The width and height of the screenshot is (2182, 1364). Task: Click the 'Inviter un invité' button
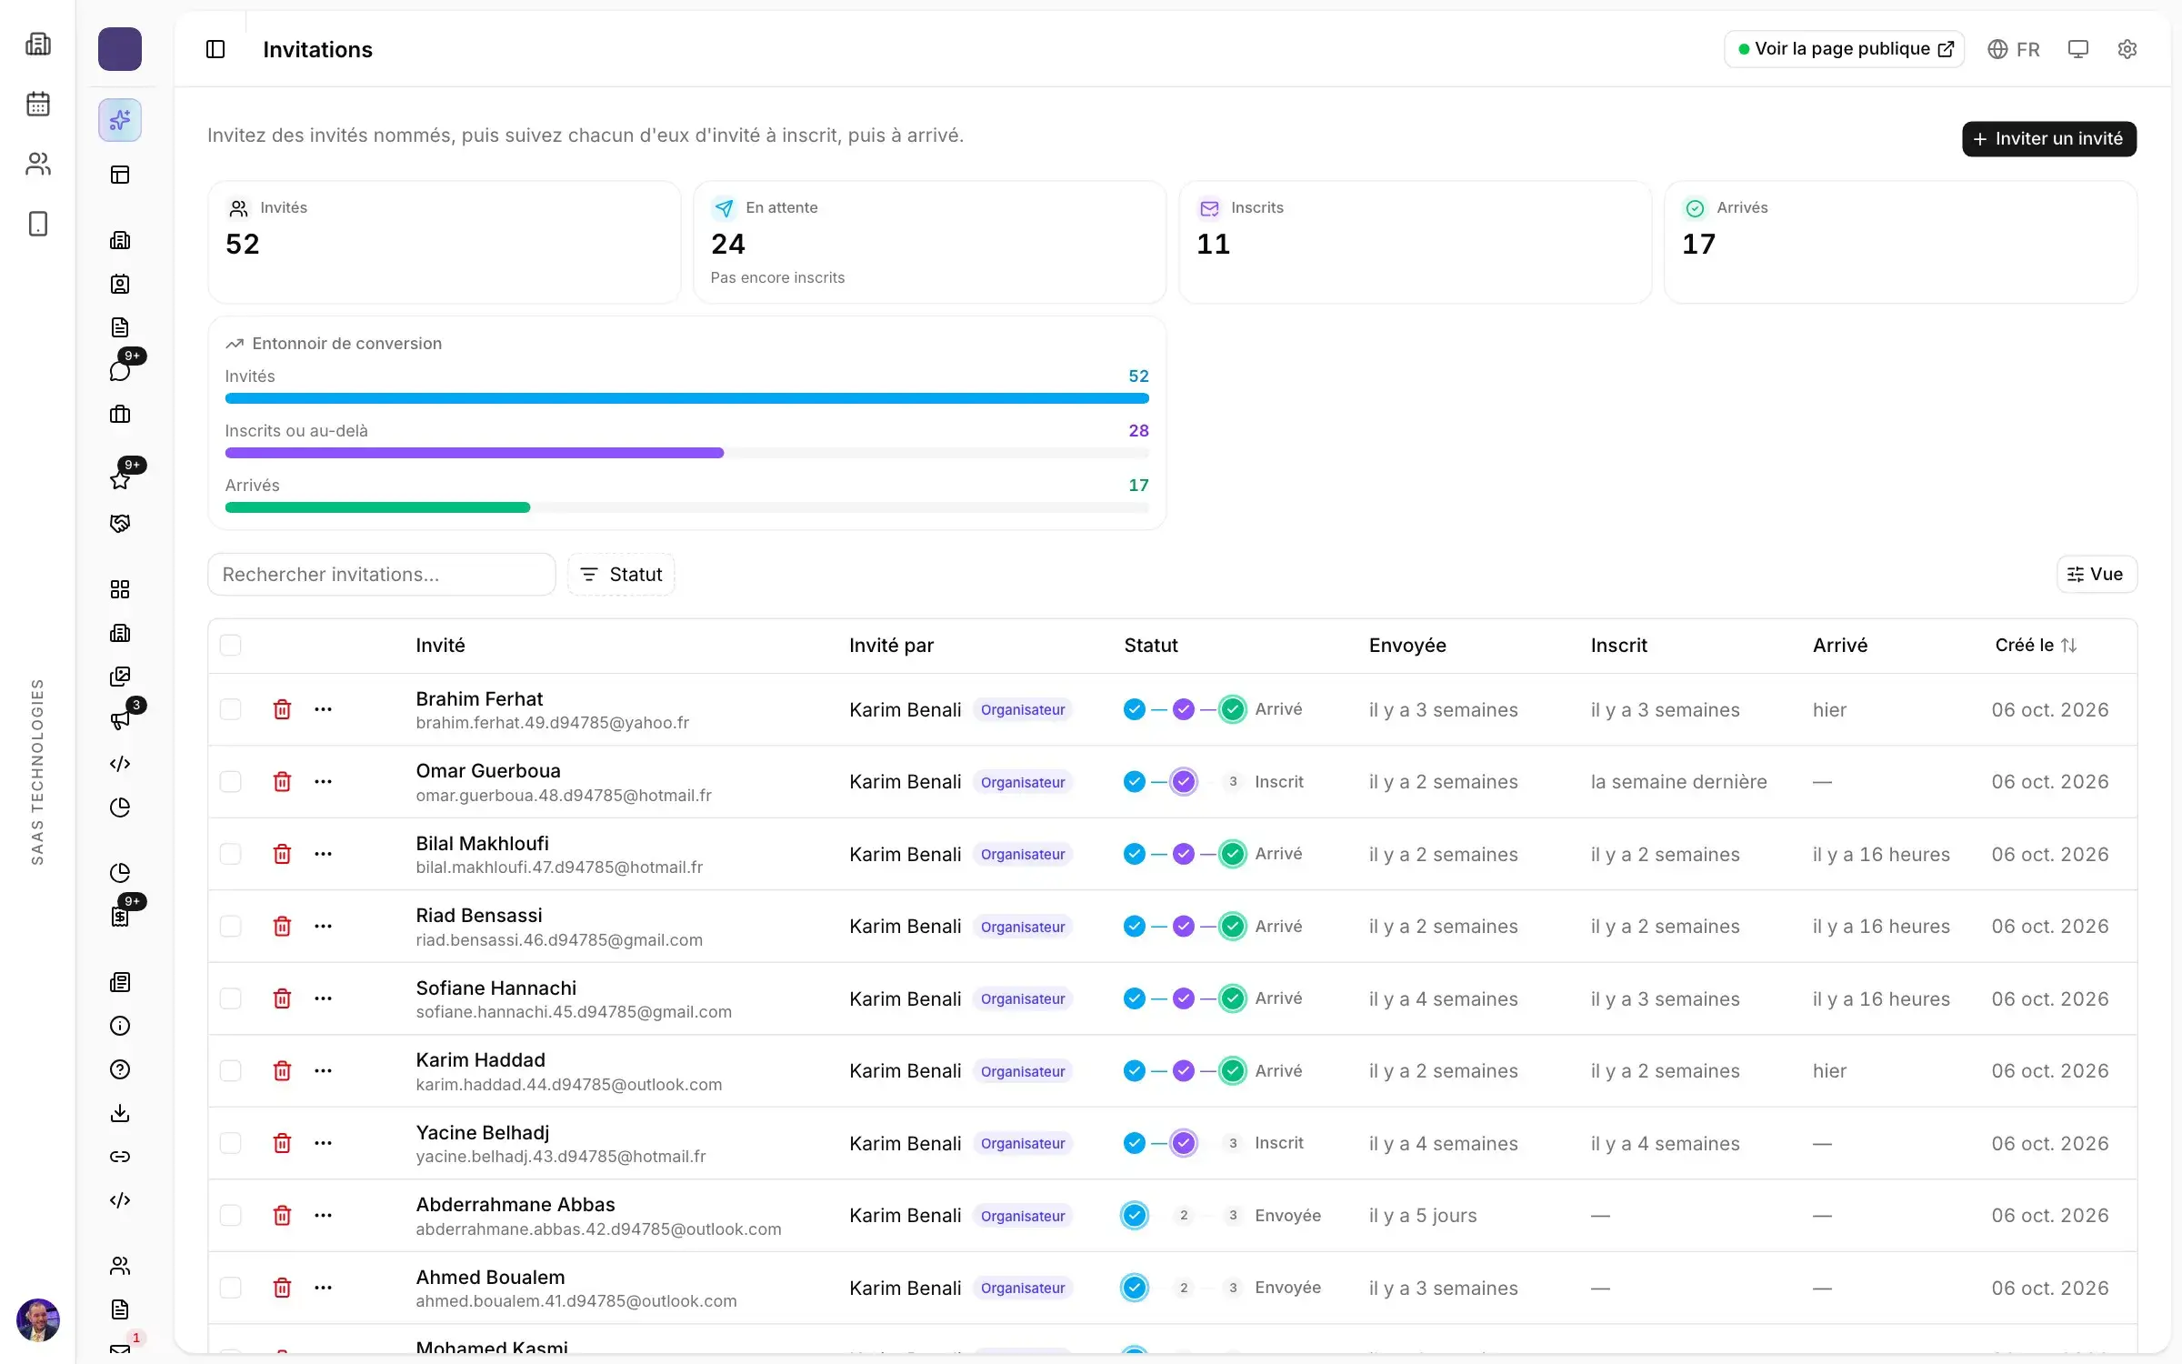coord(2048,138)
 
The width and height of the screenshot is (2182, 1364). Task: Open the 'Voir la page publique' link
coord(1844,49)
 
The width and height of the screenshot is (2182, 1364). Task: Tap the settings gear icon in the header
coord(2127,49)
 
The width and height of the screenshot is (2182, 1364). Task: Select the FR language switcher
coord(2013,49)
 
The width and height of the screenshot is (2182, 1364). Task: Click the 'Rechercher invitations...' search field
coord(381,574)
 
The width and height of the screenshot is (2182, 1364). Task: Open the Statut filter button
coord(621,574)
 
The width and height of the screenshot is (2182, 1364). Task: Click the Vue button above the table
coord(2096,574)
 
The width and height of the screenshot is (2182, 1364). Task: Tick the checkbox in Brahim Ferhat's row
coord(231,709)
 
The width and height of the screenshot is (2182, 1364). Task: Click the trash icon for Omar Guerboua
coord(282,781)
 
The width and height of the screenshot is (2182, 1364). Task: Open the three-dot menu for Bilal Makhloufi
coord(323,854)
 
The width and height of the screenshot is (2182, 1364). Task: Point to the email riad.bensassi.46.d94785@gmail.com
coord(559,939)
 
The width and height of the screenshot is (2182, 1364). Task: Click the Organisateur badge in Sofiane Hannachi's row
coord(1023,998)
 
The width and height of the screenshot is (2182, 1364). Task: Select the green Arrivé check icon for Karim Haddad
coord(1232,1070)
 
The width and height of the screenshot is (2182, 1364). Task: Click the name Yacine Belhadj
coord(483,1132)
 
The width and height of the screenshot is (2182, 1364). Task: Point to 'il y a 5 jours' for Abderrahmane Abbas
coord(1423,1216)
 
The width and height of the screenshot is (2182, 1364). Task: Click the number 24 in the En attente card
coord(727,244)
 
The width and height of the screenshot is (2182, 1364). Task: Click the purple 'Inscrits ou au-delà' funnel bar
coord(475,453)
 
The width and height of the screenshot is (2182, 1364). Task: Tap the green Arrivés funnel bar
coord(377,507)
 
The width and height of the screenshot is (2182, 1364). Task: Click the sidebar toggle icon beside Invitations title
coord(215,49)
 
